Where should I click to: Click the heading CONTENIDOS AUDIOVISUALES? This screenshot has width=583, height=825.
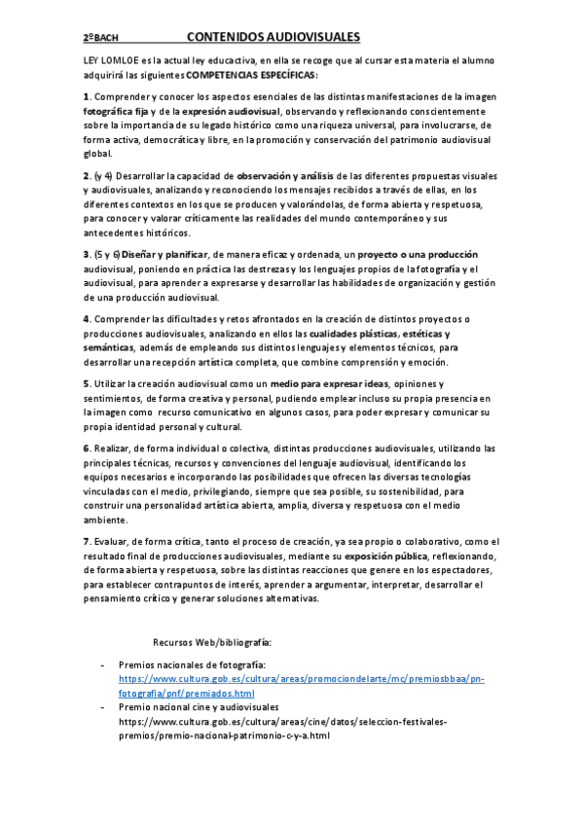coord(273,37)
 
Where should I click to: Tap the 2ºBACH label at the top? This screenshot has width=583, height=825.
coord(100,38)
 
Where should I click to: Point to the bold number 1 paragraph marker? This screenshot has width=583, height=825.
coord(86,97)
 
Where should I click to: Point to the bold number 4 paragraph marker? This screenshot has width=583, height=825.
coord(86,319)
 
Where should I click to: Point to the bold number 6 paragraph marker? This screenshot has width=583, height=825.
coord(86,448)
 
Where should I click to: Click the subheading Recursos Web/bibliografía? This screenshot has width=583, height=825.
coord(212,642)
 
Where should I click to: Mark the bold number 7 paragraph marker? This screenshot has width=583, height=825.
coord(86,541)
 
